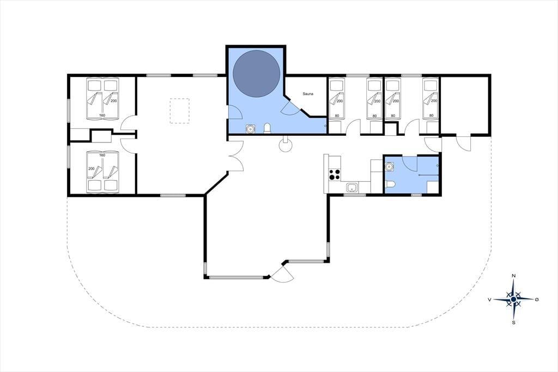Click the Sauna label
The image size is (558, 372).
tap(308, 94)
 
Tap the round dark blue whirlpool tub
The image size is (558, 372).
tap(256, 74)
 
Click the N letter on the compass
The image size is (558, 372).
tap(513, 276)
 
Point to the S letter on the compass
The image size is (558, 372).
tap(513, 323)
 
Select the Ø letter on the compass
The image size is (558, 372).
tap(537, 299)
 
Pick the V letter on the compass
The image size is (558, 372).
tap(490, 300)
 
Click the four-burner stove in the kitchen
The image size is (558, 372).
tap(335, 175)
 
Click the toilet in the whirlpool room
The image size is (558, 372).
tap(267, 128)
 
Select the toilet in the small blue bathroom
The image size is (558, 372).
tap(390, 184)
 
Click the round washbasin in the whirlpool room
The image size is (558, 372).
tap(251, 128)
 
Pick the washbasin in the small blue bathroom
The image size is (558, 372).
tap(390, 166)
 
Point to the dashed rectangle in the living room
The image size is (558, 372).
tap(180, 111)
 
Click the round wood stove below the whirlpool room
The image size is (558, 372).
tap(286, 145)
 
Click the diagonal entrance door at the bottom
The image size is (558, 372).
tap(282, 273)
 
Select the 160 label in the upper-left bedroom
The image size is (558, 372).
tap(102, 116)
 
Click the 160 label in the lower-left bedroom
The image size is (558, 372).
tap(102, 155)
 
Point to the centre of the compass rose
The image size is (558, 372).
tap(513, 299)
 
